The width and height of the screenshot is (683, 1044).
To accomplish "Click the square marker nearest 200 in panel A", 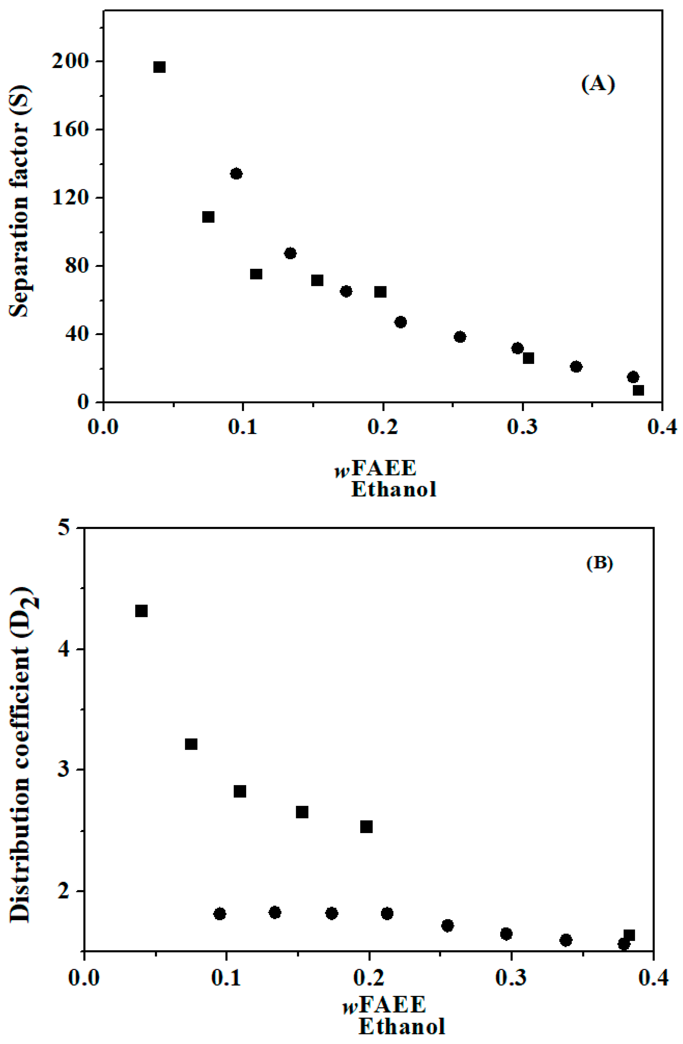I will coord(159,67).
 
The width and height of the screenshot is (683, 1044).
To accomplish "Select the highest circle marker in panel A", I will coord(236,174).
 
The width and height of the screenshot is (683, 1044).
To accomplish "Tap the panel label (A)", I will coord(598,83).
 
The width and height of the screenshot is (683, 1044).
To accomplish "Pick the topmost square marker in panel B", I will coord(141,611).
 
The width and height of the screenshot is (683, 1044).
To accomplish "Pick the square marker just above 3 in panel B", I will coord(191,744).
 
